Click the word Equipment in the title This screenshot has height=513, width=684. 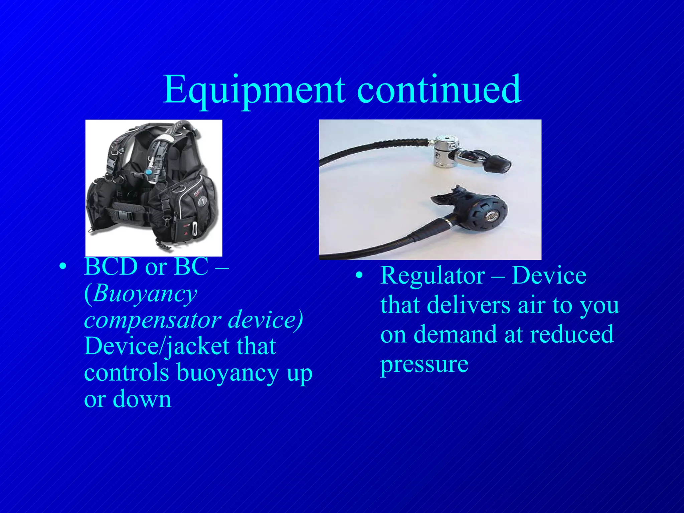pos(254,90)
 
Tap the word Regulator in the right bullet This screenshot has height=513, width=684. pos(433,276)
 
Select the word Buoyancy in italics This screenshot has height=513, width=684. pos(145,294)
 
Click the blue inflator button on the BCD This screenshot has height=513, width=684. pos(148,172)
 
